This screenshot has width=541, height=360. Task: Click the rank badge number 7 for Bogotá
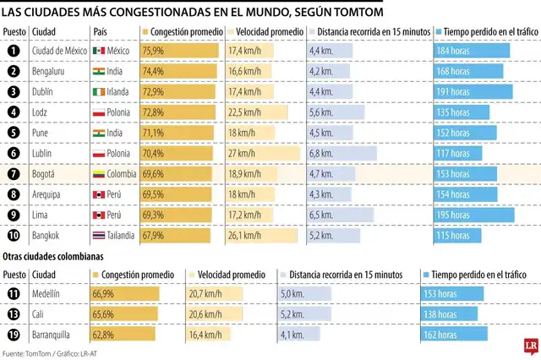coord(13,173)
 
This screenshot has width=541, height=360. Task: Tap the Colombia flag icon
coord(100,173)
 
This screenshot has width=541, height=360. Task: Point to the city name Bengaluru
coord(50,72)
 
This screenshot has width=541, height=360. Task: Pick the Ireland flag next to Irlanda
coord(100,92)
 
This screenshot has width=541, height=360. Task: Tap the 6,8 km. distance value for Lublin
coord(322,153)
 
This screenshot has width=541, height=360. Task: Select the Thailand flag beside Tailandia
coord(100,235)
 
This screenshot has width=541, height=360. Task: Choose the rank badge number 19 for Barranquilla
coord(13,334)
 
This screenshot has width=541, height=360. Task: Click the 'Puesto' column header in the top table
coord(14,32)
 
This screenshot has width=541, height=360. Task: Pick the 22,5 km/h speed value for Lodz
coord(249,112)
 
